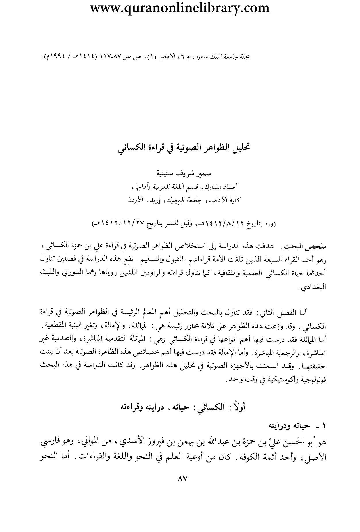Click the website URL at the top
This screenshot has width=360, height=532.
point(180,8)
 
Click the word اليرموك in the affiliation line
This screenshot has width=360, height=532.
point(169,200)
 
